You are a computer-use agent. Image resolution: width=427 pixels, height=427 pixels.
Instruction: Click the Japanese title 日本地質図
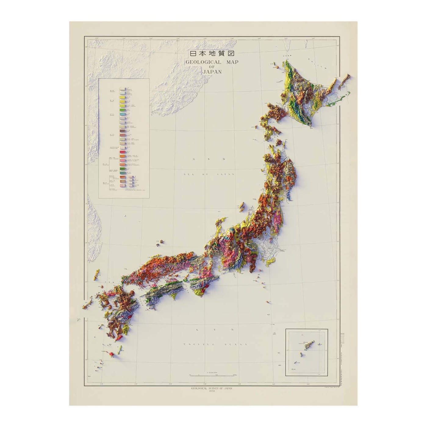(x=212, y=54)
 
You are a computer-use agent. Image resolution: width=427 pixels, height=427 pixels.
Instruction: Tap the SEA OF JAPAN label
(x=209, y=174)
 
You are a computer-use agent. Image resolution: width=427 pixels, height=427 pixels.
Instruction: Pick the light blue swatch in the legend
(x=123, y=113)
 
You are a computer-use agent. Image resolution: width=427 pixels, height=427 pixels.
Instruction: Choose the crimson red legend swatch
(x=123, y=152)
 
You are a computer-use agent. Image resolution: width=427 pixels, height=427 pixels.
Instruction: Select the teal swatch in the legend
(x=123, y=168)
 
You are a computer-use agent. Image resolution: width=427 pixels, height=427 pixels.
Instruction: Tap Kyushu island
(x=117, y=311)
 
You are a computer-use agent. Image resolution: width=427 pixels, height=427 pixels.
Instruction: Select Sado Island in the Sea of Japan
(x=242, y=207)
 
